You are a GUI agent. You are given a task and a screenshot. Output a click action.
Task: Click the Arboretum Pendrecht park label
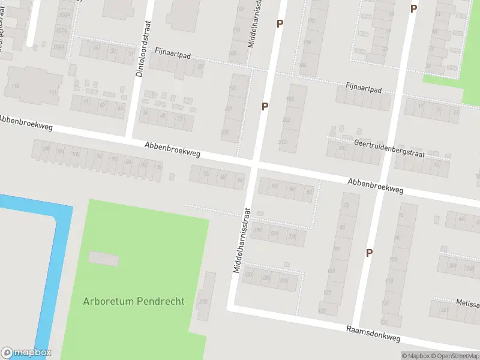click(x=134, y=301)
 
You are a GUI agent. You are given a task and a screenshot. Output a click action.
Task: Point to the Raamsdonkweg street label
click(x=373, y=334)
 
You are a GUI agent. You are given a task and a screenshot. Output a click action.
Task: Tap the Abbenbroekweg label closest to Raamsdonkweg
click(x=375, y=185)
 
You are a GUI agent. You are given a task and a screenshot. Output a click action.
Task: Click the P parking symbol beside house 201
click(x=265, y=106)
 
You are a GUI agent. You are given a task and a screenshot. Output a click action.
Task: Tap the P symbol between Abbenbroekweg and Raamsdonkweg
click(x=369, y=253)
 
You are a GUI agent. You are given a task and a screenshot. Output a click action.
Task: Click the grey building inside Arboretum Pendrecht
click(x=104, y=259)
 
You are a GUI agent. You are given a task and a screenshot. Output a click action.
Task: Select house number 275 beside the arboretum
click(x=203, y=301)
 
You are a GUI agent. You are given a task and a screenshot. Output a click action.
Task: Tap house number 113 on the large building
click(x=16, y=86)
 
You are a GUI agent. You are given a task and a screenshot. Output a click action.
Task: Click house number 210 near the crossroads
click(x=283, y=142)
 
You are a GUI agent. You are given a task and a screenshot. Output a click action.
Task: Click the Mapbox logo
click(x=26, y=353)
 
